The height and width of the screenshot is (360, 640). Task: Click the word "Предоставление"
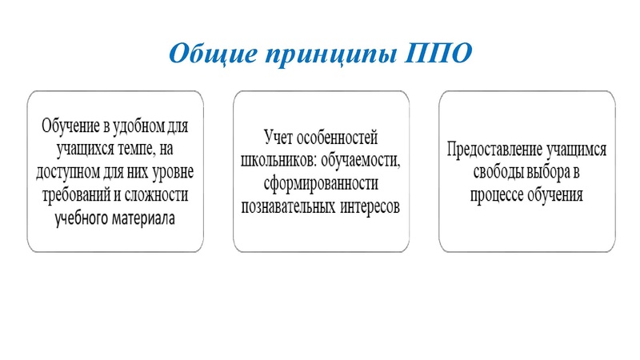tap(492, 150)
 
